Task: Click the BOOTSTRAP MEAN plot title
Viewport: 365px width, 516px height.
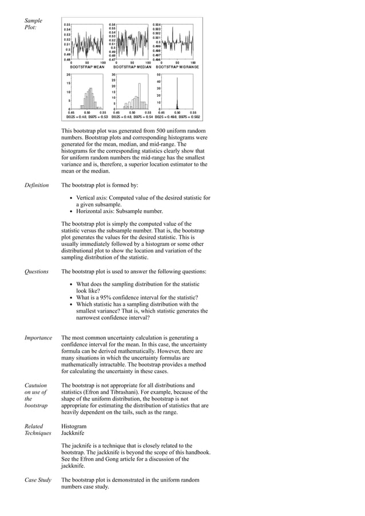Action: (82, 67)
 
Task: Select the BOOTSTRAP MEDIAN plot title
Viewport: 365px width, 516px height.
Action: (131, 67)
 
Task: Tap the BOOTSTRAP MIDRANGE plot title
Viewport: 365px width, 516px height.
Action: (178, 67)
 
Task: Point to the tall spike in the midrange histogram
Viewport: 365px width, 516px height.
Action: (177, 91)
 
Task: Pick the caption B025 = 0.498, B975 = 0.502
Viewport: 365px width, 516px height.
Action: (177, 117)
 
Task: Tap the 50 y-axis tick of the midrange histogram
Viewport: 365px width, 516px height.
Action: (159, 75)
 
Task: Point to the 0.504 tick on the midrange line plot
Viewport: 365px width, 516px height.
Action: (157, 25)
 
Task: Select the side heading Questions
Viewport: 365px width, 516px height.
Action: (36, 271)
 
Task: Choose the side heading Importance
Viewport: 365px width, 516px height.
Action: (38, 338)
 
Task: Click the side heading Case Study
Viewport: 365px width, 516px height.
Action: (38, 480)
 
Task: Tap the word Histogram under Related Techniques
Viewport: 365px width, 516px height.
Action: (74, 426)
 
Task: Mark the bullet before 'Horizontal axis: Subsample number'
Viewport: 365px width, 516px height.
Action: (71, 211)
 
